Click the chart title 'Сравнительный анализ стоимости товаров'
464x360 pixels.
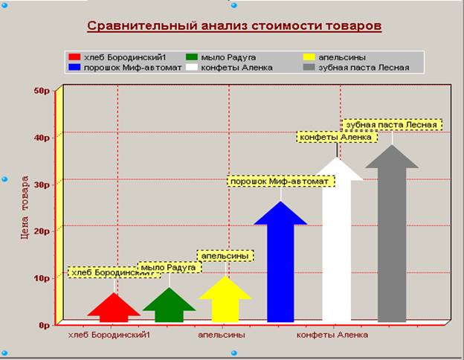point(234,26)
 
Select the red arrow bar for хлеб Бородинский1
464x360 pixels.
point(114,309)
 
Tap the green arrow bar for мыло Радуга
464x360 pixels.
point(170,306)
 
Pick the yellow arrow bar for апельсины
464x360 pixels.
point(225,300)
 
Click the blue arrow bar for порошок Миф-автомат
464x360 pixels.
point(280,263)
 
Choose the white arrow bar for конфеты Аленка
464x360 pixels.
point(337,241)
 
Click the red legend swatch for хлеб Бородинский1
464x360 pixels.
point(74,57)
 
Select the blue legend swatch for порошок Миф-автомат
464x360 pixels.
point(74,67)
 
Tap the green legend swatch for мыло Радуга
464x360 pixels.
point(192,57)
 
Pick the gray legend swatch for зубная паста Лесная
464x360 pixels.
point(309,67)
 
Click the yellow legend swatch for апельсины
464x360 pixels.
point(309,57)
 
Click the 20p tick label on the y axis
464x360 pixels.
point(42,231)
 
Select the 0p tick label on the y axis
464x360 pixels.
point(44,325)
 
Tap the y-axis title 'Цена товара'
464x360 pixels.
point(25,208)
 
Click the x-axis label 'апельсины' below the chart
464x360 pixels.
point(222,335)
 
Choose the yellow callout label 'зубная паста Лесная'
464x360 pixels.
point(392,125)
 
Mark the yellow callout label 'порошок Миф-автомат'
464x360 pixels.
point(281,181)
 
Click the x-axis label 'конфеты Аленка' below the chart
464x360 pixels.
point(332,335)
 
